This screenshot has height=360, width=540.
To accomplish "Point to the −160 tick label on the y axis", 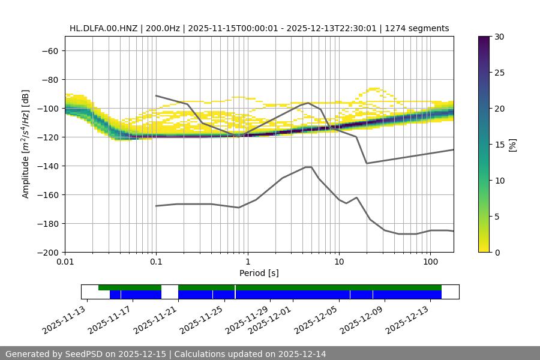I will pos(47,194).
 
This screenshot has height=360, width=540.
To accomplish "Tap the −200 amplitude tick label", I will pos(47,252).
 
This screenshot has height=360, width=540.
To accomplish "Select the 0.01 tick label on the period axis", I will pos(65,262).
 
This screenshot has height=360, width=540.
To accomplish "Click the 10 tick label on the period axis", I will pos(338,262).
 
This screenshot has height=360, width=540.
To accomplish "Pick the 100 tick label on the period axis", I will pos(430,262).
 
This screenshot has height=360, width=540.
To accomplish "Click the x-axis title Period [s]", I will pos(259,273).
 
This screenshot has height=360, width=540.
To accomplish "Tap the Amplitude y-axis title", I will pos(26,144).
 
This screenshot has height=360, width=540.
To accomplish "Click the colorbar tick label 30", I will pos(499,37).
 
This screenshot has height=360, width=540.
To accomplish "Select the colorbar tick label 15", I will pos(499,144).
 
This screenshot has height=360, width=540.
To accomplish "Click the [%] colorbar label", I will pos(512,144).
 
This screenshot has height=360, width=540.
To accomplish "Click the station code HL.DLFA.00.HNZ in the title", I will pos(103,28).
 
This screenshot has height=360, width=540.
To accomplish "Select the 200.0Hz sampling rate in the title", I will pos(161,28).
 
